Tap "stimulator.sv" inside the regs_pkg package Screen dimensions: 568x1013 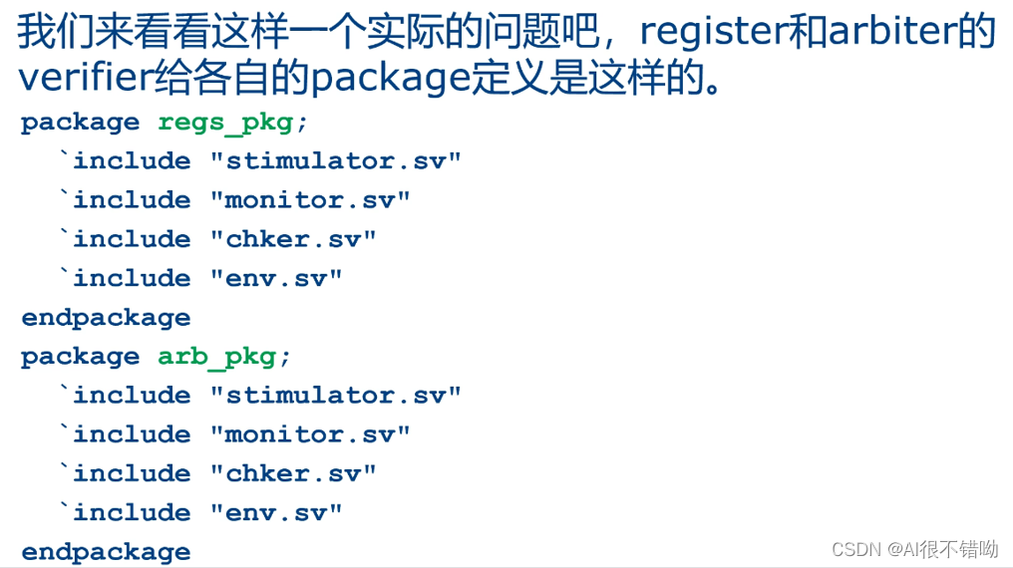pos(336,161)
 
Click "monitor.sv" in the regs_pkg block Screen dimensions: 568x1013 pos(310,200)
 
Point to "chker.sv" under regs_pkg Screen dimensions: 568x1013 pos(293,239)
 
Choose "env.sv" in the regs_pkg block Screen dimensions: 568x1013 pos(276,278)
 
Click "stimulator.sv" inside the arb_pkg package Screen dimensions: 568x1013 pos(336,396)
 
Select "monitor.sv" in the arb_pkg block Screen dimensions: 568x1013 pos(310,434)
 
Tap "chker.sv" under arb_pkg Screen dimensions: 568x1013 pos(293,473)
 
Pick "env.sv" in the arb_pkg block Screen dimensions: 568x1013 pos(276,512)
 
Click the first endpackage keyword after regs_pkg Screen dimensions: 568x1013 pos(106,318)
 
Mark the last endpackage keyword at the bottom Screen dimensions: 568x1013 pos(106,552)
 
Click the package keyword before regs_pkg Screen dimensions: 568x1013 pos(80,123)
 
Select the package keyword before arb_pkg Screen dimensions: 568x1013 pos(80,357)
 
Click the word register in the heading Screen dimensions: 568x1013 pos(712,32)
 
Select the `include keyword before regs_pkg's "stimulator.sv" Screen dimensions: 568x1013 pos(126,161)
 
